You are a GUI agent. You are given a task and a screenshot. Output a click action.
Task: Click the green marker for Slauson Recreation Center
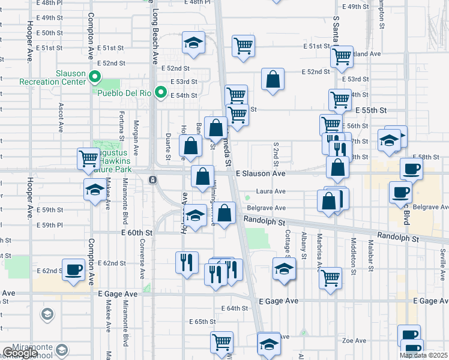pyautogui.click(x=94, y=76)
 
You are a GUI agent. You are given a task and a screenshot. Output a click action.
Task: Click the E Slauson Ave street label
pyautogui.click(x=261, y=173)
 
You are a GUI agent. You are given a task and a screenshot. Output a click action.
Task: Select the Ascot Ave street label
pyautogui.click(x=61, y=117)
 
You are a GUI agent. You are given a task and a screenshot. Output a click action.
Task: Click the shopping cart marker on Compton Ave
pyautogui.click(x=88, y=159)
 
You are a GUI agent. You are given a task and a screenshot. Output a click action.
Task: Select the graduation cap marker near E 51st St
pyautogui.click(x=193, y=43)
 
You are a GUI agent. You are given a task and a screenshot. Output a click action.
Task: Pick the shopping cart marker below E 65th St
pyautogui.click(x=221, y=342)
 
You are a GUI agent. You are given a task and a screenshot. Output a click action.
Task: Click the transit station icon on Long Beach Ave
pyautogui.click(x=153, y=179)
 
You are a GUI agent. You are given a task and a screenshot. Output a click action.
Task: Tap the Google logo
pyautogui.click(x=20, y=353)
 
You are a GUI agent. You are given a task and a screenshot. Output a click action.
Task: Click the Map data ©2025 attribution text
pyautogui.click(x=423, y=355)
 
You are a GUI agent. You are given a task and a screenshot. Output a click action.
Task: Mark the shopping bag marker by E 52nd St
pyautogui.click(x=273, y=80)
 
